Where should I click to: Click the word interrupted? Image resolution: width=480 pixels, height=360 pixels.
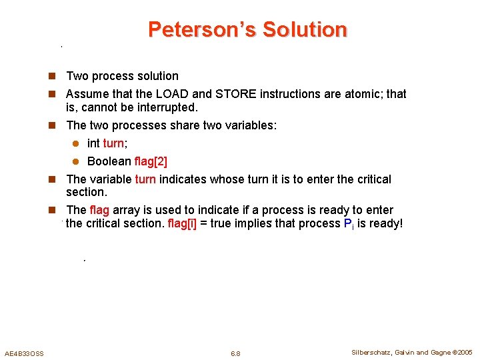coord(166,107)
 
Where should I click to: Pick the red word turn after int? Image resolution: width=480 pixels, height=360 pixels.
coord(113,143)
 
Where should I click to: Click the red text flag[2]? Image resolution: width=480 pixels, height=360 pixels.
coord(151,161)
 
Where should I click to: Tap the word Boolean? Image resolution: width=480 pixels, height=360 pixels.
coord(109,161)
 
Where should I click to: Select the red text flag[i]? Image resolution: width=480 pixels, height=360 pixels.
coord(182,223)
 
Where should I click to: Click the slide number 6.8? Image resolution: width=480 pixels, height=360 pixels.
coord(235,353)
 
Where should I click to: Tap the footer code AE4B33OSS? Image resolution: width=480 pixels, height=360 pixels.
coord(24,353)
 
